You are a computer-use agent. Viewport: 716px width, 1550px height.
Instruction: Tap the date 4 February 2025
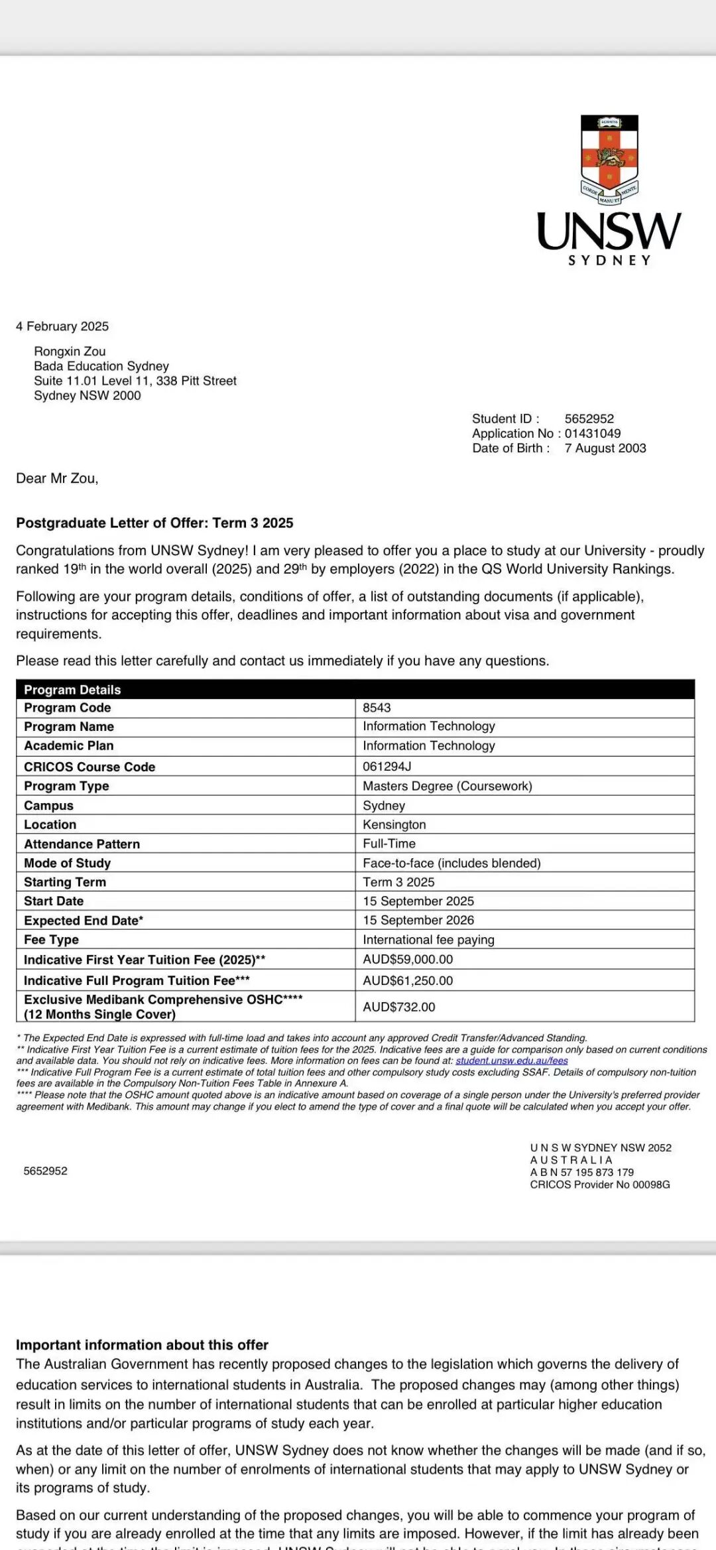click(x=62, y=326)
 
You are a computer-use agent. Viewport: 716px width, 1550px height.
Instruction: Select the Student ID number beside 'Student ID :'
click(x=589, y=419)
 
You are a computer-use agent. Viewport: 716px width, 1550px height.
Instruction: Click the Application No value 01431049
click(x=592, y=433)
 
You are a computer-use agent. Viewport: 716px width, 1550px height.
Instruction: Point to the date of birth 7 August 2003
click(x=605, y=448)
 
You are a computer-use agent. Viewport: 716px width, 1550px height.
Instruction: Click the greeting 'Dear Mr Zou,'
click(x=57, y=478)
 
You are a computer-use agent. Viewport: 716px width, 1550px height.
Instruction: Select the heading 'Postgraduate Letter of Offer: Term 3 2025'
click(x=154, y=523)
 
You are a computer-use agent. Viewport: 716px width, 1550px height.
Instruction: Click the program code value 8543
click(x=377, y=708)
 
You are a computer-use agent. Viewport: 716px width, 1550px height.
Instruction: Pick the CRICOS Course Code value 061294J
click(x=387, y=766)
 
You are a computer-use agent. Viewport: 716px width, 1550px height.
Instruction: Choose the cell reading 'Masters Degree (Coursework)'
click(x=447, y=786)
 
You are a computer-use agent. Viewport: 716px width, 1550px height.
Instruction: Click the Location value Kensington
click(x=394, y=824)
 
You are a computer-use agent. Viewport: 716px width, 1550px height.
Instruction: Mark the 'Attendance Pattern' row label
click(x=82, y=844)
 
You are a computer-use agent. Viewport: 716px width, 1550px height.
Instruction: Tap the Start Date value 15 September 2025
click(x=418, y=901)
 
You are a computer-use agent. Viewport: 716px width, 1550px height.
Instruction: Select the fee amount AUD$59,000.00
click(x=408, y=959)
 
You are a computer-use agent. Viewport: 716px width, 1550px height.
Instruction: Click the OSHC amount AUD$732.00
click(x=398, y=1007)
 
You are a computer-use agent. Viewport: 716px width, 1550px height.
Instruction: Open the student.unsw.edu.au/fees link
click(x=511, y=1061)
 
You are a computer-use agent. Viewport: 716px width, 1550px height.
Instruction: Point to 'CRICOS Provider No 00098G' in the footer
click(x=599, y=1185)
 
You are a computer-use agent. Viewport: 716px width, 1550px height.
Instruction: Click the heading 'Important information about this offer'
click(x=142, y=1344)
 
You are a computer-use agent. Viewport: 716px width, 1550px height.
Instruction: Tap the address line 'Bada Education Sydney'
click(x=101, y=366)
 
